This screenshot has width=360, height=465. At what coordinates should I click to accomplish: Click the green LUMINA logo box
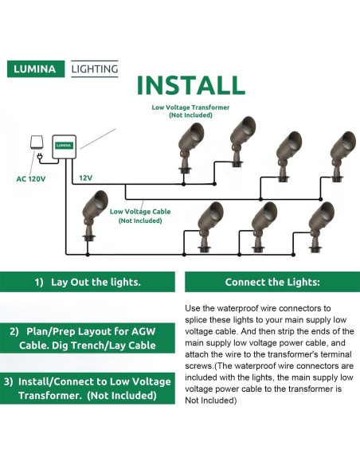36,68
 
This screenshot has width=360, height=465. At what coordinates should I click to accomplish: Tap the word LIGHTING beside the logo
95,68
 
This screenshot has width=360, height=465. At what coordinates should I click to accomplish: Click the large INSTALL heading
190,85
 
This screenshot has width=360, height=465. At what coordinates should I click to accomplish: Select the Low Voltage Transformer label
190,111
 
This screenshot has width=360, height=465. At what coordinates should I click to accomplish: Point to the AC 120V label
31,179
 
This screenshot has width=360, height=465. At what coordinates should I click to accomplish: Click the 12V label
85,178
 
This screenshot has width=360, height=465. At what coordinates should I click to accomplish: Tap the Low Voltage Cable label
140,216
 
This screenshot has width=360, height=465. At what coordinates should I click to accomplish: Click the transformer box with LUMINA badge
65,147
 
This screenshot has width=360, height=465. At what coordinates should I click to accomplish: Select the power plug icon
39,156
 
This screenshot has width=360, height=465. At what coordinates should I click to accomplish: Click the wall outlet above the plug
37,143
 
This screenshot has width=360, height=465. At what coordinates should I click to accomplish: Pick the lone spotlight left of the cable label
94,216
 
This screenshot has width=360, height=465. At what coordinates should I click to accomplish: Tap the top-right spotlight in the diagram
342,156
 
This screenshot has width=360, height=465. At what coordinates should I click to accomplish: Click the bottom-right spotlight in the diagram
321,227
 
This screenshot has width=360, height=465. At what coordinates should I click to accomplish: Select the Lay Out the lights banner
88,282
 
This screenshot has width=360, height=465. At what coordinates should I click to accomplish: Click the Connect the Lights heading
272,282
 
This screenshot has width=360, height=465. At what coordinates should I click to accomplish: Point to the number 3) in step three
9,381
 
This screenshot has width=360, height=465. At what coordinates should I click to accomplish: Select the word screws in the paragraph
198,366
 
